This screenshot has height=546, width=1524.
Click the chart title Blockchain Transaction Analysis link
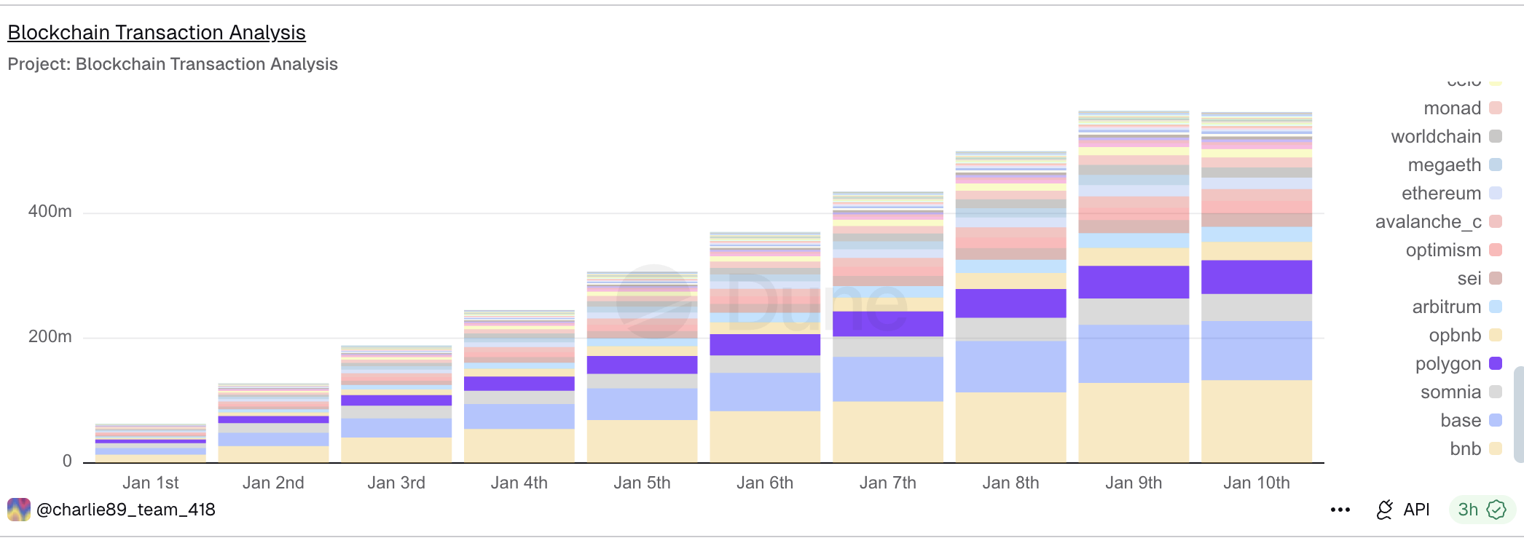[x=156, y=33]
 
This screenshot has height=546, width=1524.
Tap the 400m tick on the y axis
[x=50, y=212]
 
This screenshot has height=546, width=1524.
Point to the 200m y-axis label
[x=50, y=337]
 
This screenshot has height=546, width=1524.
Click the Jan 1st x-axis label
[x=150, y=483]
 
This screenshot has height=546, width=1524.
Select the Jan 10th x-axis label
[x=1256, y=483]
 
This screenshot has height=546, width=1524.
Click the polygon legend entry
[x=1448, y=364]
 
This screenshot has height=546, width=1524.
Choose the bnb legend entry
[x=1465, y=449]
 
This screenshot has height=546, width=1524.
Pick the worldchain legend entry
[x=1436, y=137]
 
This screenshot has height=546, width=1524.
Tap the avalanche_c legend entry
[x=1428, y=222]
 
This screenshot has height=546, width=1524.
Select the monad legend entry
[x=1453, y=108]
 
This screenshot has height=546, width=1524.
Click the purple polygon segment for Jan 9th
[x=1134, y=282]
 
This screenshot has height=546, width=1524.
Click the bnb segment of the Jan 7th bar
[x=887, y=431]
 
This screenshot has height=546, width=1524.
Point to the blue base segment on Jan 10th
[x=1256, y=351]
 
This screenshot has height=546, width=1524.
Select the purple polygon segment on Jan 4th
[x=519, y=384]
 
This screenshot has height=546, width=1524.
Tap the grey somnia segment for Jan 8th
[x=1010, y=329]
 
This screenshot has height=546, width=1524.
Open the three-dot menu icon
[x=1340, y=510]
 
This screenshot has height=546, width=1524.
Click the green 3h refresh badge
[x=1481, y=510]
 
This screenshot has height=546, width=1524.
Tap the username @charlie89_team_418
[x=125, y=510]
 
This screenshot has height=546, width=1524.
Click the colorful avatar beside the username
[x=19, y=510]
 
